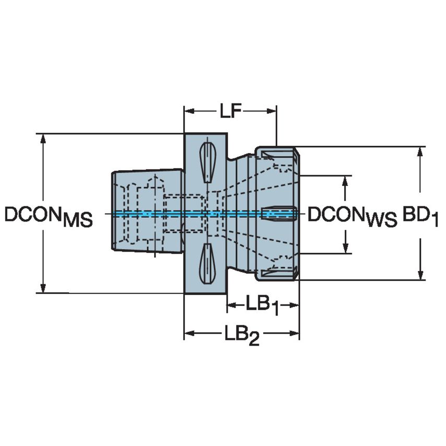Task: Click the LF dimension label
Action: pos(229,111)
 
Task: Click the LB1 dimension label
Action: pos(262,306)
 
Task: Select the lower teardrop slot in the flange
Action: pos(207,264)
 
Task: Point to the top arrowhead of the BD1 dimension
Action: pos(421,151)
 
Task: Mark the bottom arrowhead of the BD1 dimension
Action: pos(421,275)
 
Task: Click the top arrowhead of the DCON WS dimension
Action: pos(345,181)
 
